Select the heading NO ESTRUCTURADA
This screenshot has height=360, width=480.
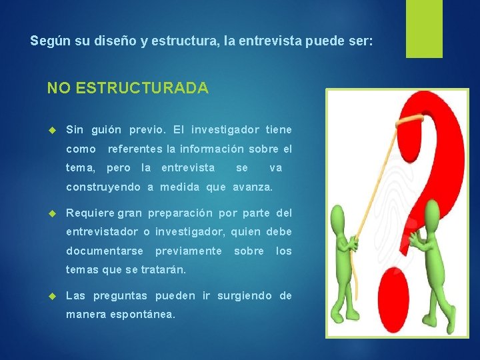(x=127, y=88)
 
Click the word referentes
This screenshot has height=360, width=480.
(x=135, y=149)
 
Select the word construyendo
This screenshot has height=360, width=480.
(x=103, y=187)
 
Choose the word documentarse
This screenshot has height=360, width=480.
(x=105, y=251)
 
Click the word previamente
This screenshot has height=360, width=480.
(x=188, y=251)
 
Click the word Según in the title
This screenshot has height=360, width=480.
(x=45, y=41)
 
